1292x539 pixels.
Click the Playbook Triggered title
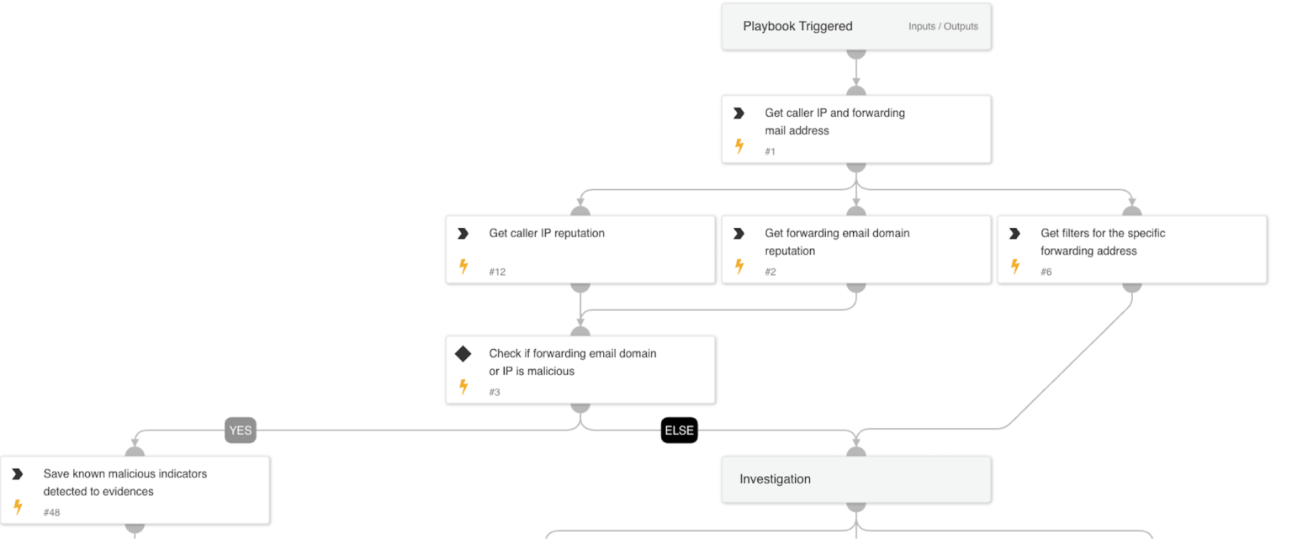pos(797,26)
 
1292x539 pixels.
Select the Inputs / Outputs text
pos(943,27)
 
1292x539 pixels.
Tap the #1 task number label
pos(770,151)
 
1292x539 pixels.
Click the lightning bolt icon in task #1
pos(739,146)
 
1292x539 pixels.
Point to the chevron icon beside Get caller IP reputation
pos(463,233)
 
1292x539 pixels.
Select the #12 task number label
pos(497,272)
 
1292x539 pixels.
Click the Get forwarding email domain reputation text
pos(836,242)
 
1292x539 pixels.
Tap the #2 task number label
pos(770,272)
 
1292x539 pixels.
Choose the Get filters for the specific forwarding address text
pos(1102,242)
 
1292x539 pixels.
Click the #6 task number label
pos(1046,272)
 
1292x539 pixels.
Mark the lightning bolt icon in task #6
pos(1015,267)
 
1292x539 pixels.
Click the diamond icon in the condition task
pos(463,354)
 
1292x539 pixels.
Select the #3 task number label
pos(494,392)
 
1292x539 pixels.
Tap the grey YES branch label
pos(241,431)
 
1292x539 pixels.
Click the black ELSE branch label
pos(679,431)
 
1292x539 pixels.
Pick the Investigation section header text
pos(775,479)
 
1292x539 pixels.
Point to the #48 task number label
pos(51,512)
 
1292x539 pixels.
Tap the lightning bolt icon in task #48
pos(18,507)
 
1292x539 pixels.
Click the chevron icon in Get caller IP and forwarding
pos(739,113)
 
